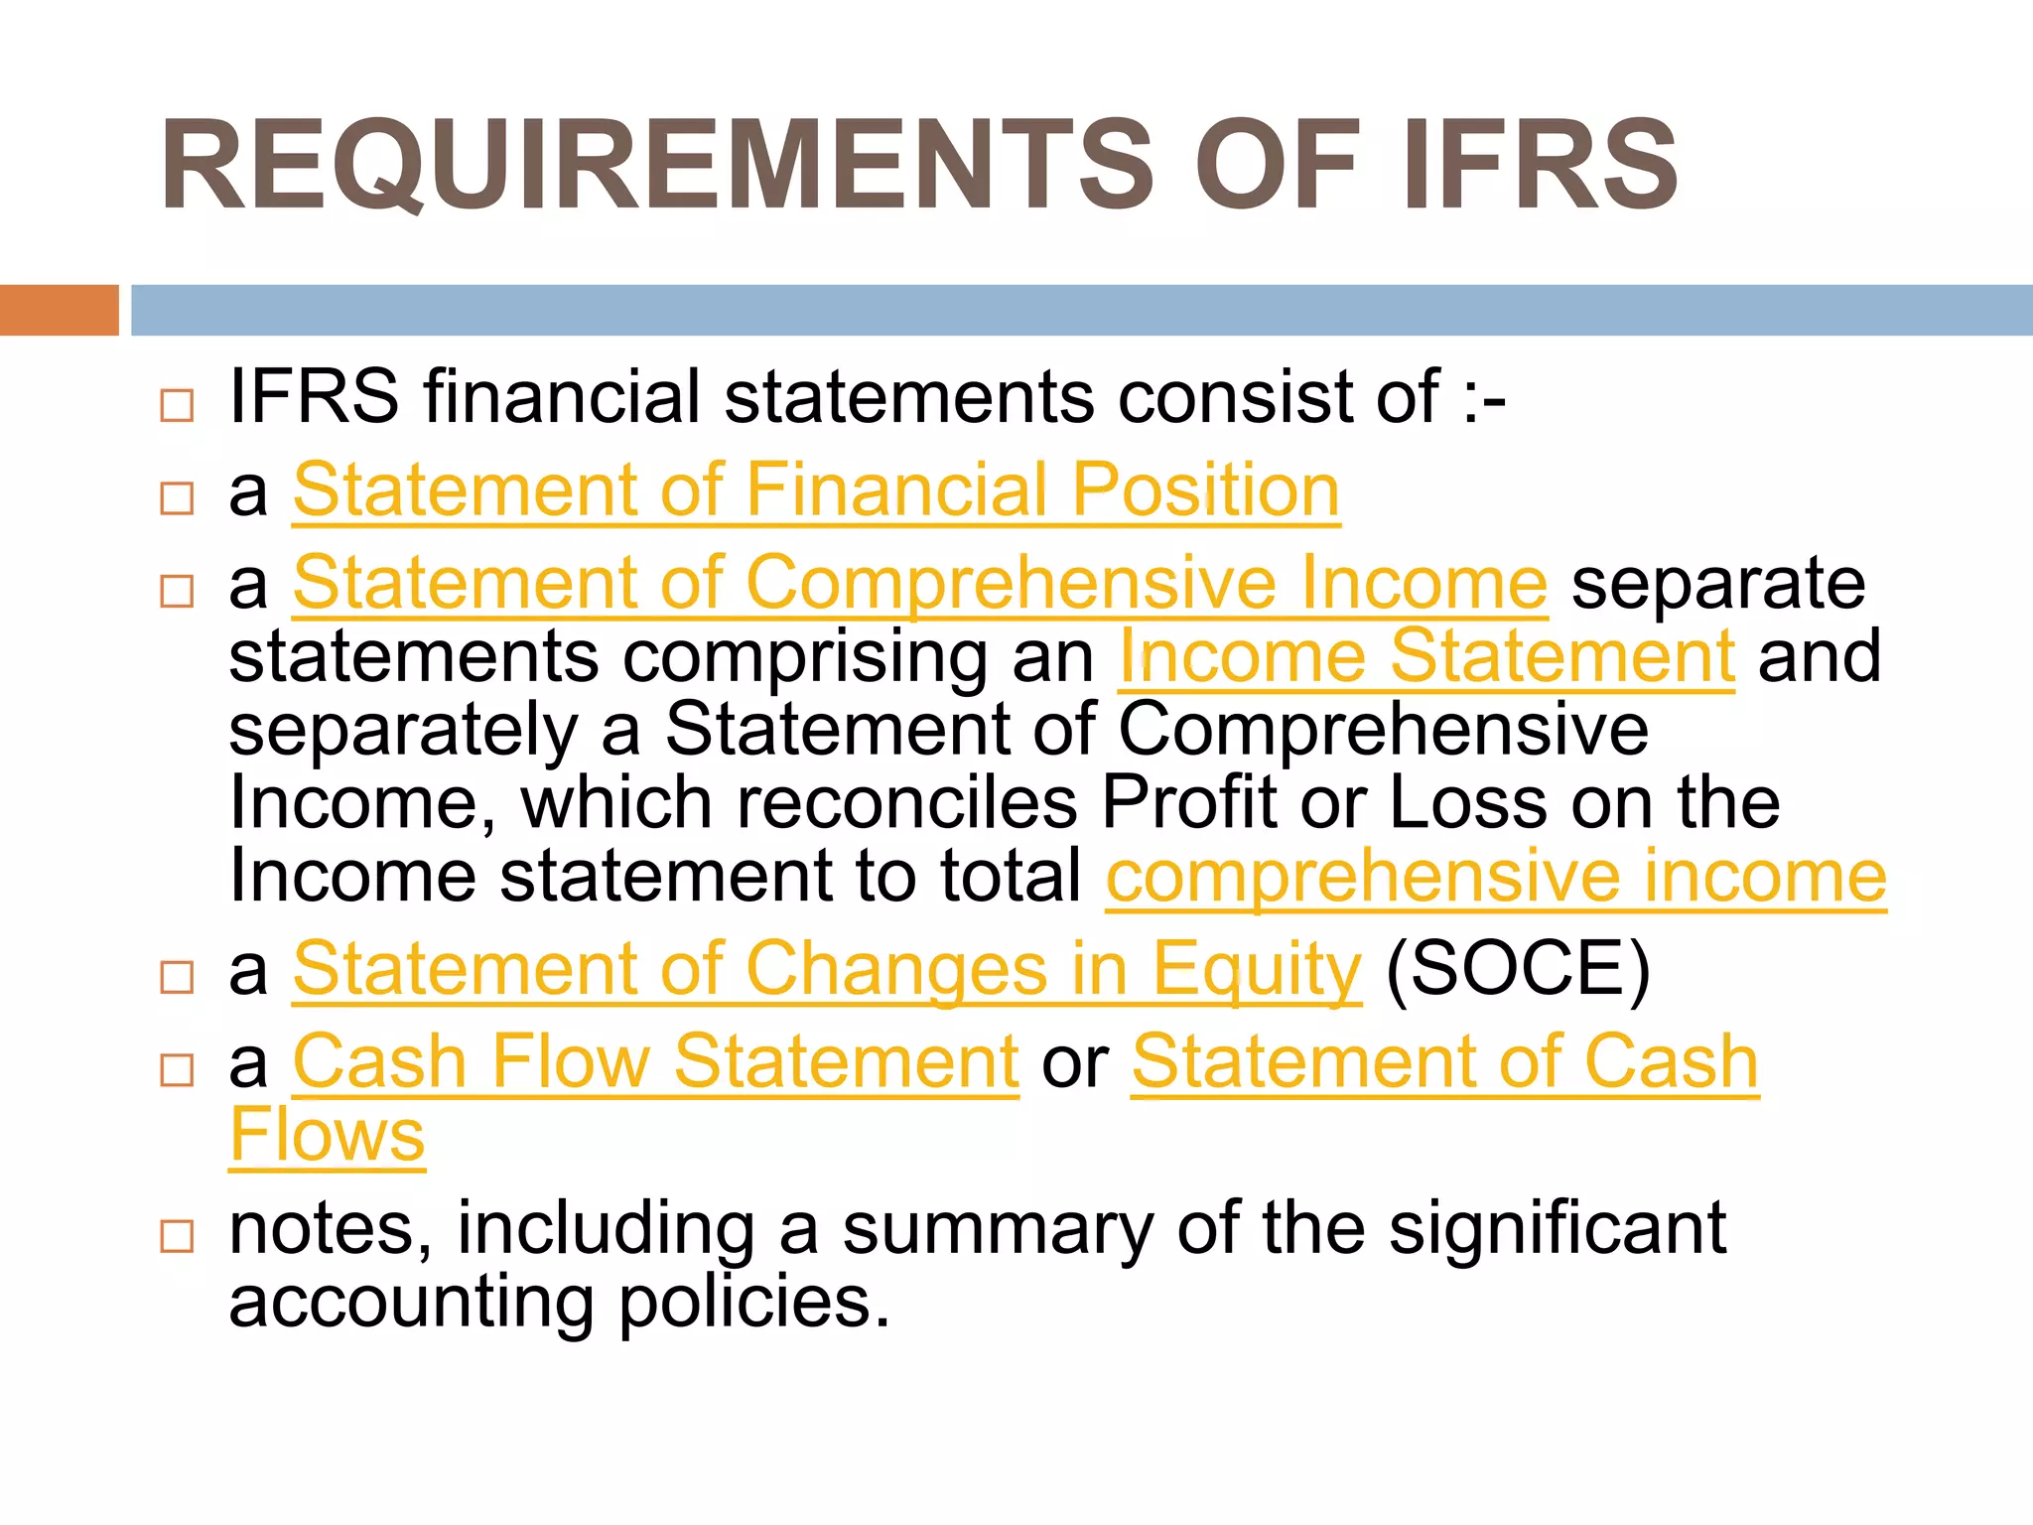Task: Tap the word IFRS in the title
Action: (1539, 166)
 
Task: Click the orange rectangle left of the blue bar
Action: (59, 310)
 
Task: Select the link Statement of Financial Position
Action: (816, 490)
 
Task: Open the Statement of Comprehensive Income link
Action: (919, 583)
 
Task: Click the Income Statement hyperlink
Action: (1426, 656)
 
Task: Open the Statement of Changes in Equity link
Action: (827, 969)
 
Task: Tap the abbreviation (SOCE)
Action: (1517, 969)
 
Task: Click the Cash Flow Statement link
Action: (656, 1061)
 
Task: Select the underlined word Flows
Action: (327, 1135)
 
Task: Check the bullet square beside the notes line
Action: (177, 1236)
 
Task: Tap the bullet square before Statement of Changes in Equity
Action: (177, 977)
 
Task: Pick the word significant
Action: (1558, 1229)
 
